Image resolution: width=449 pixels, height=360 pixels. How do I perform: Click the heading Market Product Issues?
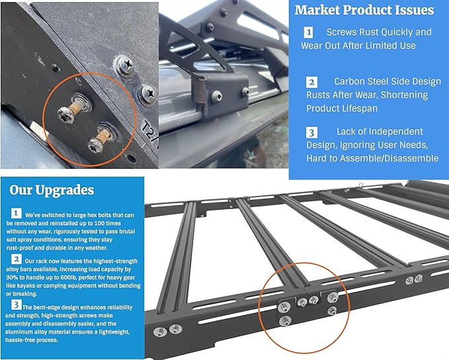pyautogui.click(x=364, y=11)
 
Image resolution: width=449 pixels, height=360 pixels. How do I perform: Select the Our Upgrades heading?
pyautogui.click(x=52, y=191)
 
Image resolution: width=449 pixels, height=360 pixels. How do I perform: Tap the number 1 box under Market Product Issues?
pyautogui.click(x=308, y=32)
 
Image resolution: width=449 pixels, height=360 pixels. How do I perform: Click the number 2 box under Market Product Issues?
pyautogui.click(x=311, y=82)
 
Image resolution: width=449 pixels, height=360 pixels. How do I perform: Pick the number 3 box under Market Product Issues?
pyautogui.click(x=311, y=132)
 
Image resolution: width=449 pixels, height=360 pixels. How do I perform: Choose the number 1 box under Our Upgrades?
pyautogui.click(x=16, y=214)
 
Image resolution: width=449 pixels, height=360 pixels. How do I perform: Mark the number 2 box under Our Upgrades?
pyautogui.click(x=16, y=261)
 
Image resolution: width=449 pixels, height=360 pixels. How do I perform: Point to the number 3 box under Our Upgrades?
pyautogui.click(x=15, y=305)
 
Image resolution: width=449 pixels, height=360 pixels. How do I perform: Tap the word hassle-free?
pyautogui.click(x=26, y=339)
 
